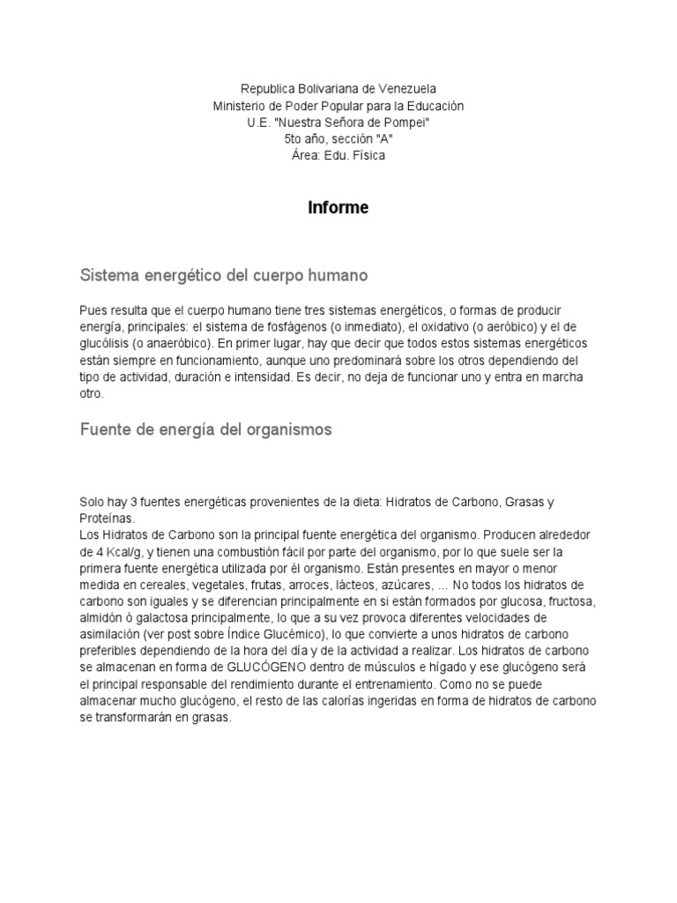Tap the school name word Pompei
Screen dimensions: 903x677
coord(408,123)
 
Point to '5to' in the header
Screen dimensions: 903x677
coord(294,139)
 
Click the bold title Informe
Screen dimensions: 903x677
coord(338,208)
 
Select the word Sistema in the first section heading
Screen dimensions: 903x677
coord(108,276)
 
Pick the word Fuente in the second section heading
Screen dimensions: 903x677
coord(104,429)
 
